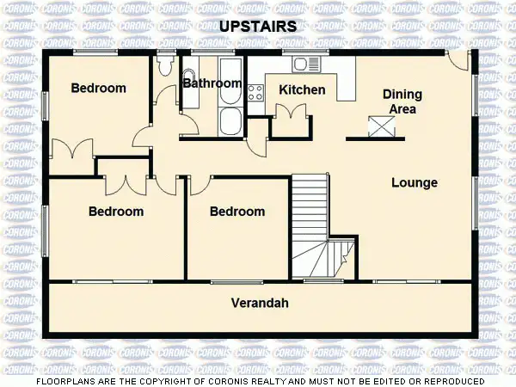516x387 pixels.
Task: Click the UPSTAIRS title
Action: tap(258, 27)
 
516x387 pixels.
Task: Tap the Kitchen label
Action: tap(302, 89)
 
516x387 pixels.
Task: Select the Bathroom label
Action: tap(212, 83)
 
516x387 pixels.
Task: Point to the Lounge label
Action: tap(415, 182)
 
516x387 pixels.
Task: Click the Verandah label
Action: tap(260, 303)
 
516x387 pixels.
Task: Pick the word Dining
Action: tap(401, 95)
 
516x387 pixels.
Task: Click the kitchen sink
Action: tap(306, 64)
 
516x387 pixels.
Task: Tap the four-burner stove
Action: tap(255, 92)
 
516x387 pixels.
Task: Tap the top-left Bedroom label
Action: tap(98, 88)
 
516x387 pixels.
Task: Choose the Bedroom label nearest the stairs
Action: tap(237, 212)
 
